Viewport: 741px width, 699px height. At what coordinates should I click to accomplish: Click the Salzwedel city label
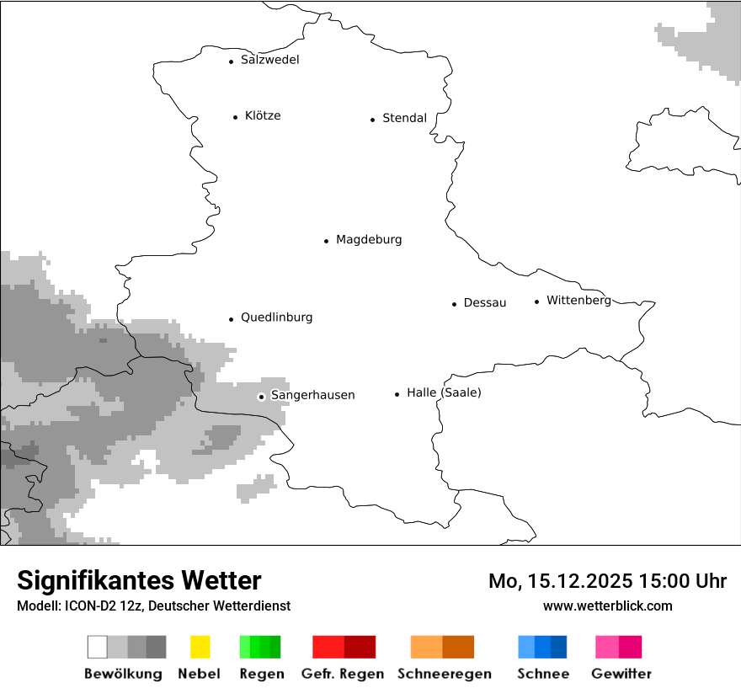[269, 60]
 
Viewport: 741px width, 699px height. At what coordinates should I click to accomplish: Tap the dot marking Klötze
[235, 117]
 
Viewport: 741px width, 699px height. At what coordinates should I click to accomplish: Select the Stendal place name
[404, 118]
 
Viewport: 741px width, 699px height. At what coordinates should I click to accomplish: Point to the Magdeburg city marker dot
[326, 241]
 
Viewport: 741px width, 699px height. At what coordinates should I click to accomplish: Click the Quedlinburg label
[276, 317]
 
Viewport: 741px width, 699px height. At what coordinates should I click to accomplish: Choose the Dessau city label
[484, 303]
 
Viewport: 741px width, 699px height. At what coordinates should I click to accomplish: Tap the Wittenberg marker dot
[536, 301]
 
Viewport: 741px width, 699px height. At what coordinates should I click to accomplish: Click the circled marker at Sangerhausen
[261, 397]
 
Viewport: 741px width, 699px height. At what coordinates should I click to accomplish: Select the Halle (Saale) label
[444, 392]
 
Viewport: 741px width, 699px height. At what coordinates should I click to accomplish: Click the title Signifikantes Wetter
[139, 580]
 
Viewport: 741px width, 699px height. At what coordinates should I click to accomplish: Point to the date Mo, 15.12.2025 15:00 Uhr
[607, 581]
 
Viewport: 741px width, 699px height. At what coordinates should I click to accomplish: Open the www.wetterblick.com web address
[607, 606]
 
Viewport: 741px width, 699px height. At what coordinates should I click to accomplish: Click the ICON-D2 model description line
[153, 606]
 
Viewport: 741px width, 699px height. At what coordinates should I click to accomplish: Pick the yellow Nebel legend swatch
[200, 647]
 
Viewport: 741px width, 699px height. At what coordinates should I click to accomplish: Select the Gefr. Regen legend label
[343, 674]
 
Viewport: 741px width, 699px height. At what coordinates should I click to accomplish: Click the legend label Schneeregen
[444, 674]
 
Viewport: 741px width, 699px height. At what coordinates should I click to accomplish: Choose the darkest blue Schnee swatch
[559, 647]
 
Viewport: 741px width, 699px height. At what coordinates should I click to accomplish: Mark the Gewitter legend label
[621, 674]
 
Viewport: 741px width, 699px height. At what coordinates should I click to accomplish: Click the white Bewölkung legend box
[97, 647]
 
